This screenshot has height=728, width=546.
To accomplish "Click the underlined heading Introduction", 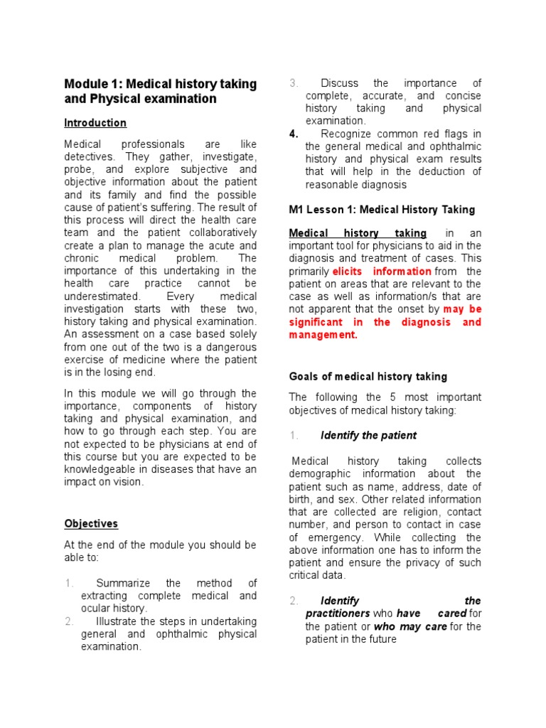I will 95,123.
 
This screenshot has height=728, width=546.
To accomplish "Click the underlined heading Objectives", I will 91,524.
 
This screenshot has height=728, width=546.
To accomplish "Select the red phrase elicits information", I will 382,272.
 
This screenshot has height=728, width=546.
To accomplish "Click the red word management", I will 322,335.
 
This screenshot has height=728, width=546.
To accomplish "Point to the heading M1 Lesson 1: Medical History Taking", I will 382,210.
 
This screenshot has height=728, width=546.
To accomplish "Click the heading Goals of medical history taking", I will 368,377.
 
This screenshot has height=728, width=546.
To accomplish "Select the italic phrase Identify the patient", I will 368,435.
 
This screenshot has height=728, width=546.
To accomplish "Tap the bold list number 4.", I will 294,134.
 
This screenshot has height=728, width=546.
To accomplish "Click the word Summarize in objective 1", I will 121,583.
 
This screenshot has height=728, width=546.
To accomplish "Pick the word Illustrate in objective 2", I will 117,621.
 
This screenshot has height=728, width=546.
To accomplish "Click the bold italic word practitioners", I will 337,614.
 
